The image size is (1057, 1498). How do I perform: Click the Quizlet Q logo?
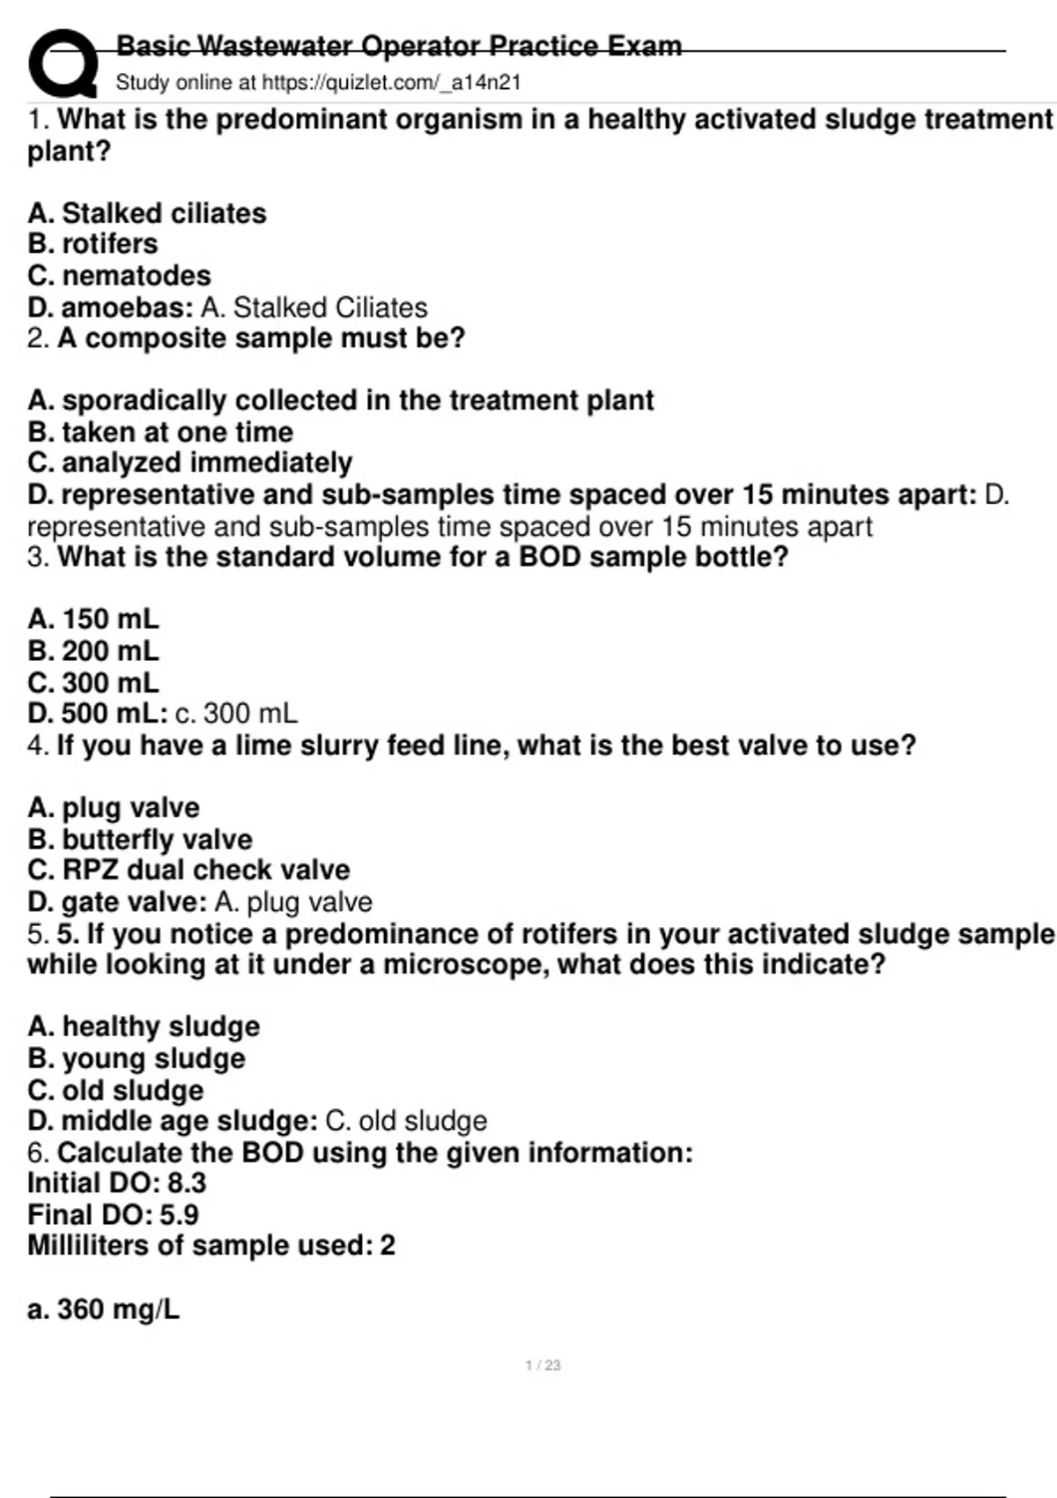62,63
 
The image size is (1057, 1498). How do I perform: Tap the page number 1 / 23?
543,1365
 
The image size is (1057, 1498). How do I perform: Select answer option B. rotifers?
92,244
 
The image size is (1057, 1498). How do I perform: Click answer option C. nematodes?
119,276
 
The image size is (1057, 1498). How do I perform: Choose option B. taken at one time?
159,432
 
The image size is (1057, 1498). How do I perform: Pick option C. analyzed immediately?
189,463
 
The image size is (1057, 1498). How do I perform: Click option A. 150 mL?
93,619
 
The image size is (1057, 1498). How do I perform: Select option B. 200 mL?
93,651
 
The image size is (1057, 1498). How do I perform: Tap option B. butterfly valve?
139,840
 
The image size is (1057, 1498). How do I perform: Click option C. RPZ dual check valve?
188,870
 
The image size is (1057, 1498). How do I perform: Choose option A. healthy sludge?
144,1027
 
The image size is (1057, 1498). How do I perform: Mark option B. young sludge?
137,1058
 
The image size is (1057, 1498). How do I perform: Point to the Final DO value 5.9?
180,1215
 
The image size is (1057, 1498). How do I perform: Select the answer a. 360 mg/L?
103,1309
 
